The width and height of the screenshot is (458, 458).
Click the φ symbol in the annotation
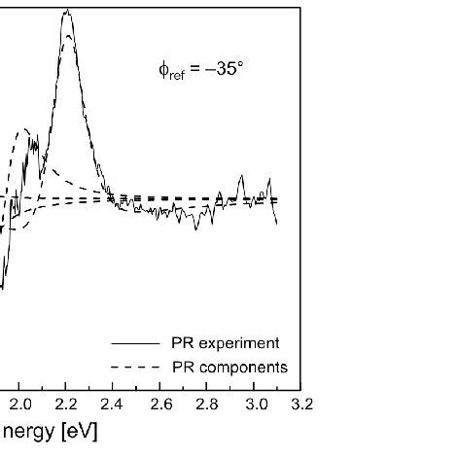pos(164,70)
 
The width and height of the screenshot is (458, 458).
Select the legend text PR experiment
pos(225,343)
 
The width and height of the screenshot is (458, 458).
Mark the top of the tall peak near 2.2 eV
pos(66,11)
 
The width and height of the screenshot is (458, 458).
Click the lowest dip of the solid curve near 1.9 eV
pos(3,287)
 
